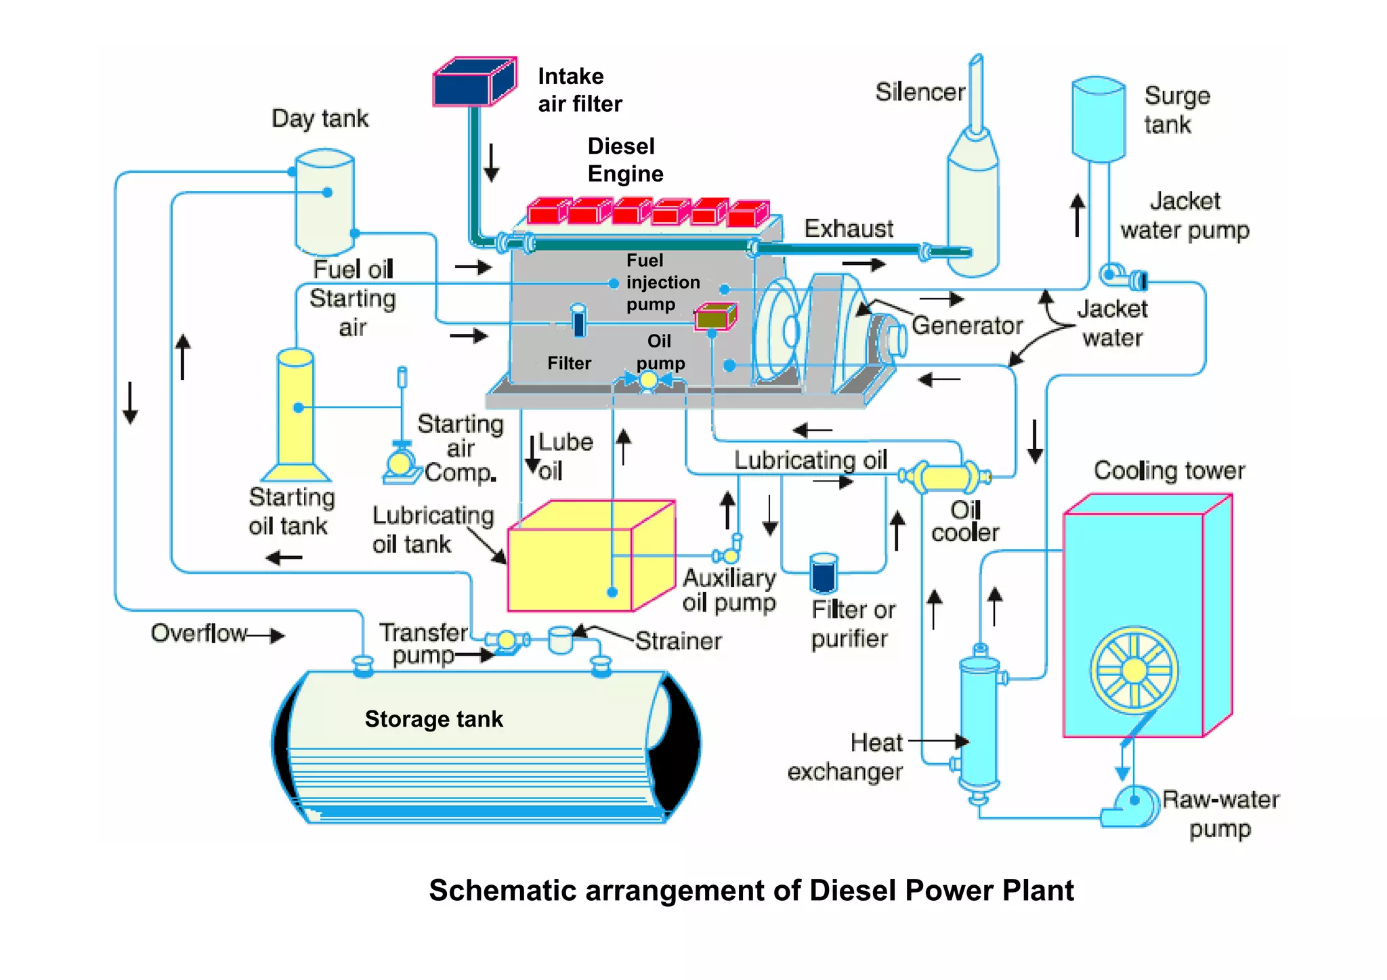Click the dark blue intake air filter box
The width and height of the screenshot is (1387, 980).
pos(473,83)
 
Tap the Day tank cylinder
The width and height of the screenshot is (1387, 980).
pos(325,203)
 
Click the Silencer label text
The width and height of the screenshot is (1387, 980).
pos(920,92)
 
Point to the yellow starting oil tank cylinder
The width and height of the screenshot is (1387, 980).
pos(295,406)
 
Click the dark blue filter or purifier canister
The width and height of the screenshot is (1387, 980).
pos(824,573)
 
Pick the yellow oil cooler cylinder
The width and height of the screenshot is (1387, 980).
pos(945,477)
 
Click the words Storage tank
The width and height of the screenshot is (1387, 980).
pos(433,719)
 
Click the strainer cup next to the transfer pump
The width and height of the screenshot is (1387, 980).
pos(561,639)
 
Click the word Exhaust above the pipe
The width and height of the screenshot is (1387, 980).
pos(849,229)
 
